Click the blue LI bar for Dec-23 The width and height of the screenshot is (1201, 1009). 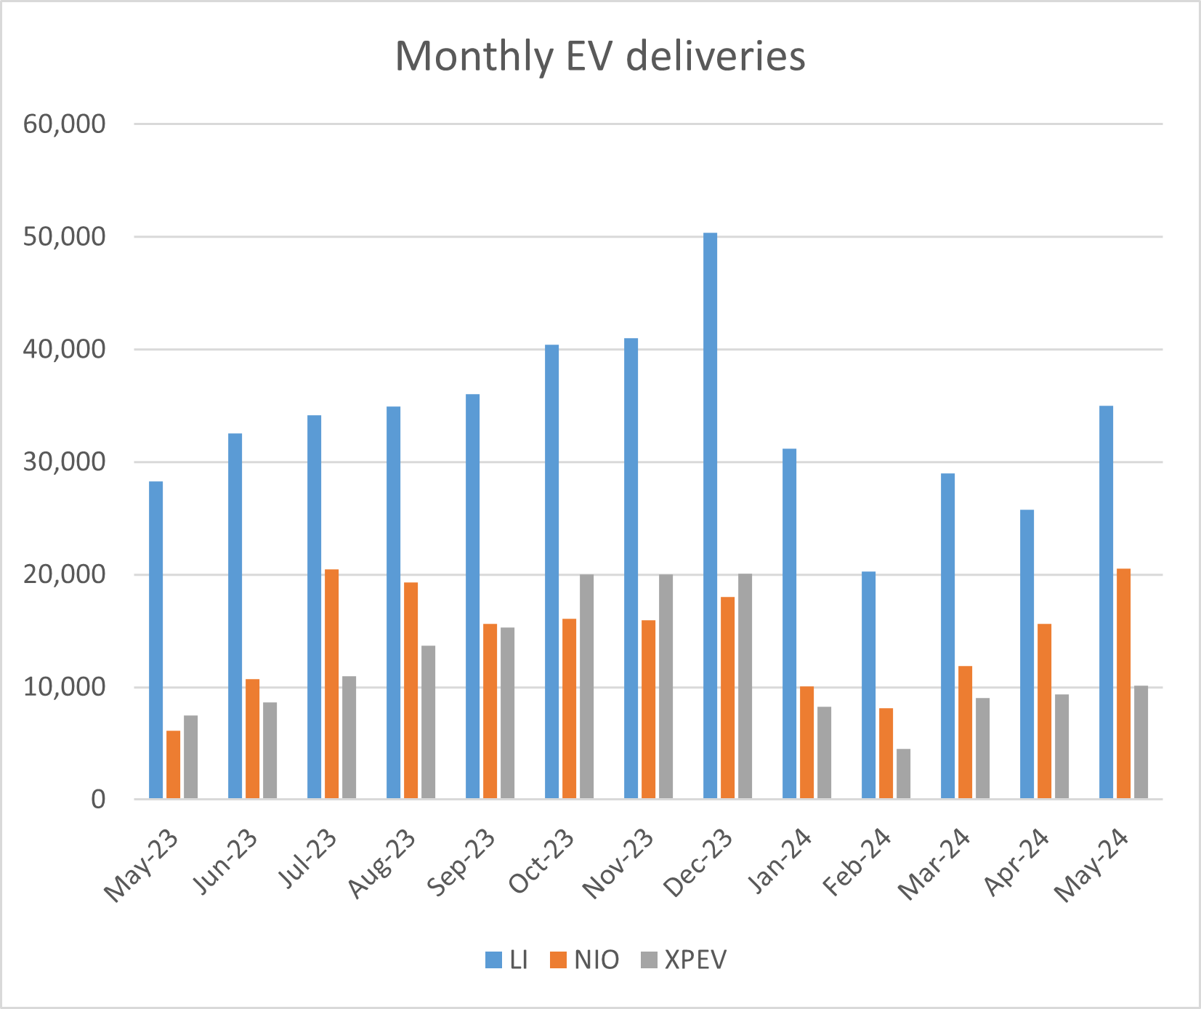[710, 516]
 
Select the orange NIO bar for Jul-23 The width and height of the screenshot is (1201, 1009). [331, 684]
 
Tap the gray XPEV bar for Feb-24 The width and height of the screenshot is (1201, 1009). [903, 774]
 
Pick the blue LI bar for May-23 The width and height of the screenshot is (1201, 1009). [156, 640]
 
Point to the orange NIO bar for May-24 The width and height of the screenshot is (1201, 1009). [1123, 684]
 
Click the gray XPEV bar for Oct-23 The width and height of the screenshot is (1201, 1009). [586, 687]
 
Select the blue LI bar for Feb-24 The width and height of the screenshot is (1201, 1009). [868, 686]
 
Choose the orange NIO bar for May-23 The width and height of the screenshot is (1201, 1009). [173, 765]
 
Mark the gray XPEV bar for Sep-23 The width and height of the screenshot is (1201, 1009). [507, 713]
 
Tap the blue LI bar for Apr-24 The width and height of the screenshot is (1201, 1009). [1027, 654]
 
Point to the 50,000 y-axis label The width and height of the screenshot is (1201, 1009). [64, 237]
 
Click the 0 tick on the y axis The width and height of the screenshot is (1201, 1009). [97, 800]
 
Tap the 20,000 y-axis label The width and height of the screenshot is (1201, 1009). [64, 575]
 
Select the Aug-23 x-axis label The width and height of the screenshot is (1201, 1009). [382, 864]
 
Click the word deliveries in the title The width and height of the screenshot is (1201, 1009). [715, 56]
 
